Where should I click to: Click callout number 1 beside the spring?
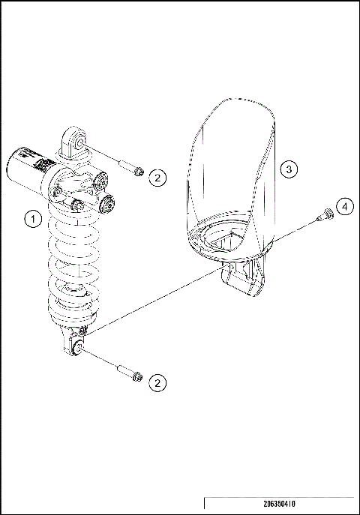coord(31,218)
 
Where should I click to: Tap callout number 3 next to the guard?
coord(289,169)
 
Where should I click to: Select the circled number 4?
coord(343,206)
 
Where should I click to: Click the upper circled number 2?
coord(157,178)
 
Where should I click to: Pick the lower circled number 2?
coord(157,382)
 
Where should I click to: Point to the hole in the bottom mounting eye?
coord(75,348)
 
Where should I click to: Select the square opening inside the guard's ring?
coord(227,240)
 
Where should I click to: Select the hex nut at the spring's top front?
coord(77,205)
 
